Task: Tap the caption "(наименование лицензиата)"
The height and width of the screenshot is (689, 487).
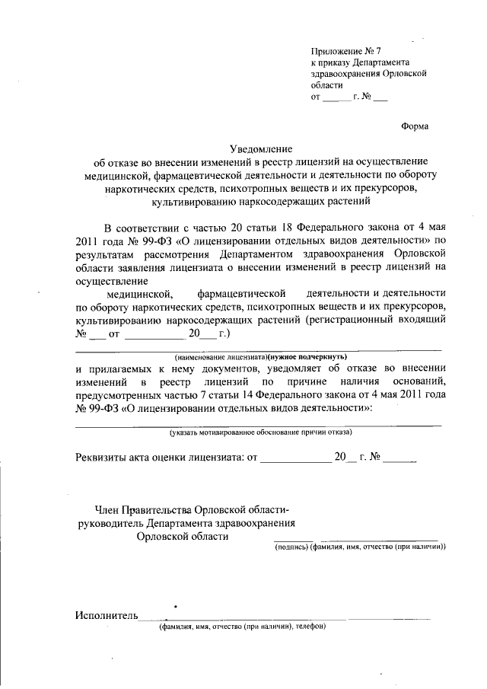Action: (219, 356)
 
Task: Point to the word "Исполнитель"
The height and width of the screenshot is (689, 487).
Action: (107, 615)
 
